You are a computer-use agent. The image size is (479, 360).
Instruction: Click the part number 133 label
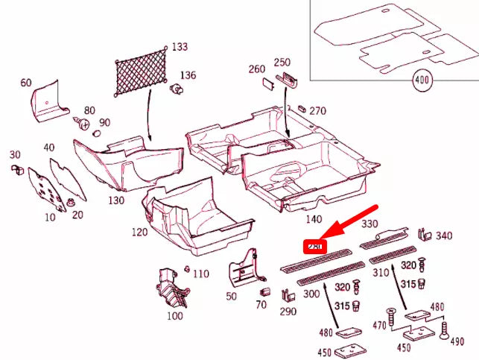pos(180,47)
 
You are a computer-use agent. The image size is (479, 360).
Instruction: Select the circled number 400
pos(423,79)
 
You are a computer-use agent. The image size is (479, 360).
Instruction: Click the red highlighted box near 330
pos(314,246)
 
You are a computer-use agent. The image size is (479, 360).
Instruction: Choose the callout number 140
pos(314,218)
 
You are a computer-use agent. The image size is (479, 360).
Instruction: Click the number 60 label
pos(26,83)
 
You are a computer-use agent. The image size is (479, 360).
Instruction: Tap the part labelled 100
pos(173,316)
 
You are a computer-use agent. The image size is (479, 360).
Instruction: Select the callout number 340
pos(444,236)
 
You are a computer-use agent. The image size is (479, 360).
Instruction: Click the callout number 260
pos(256,69)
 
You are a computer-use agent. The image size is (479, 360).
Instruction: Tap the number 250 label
pos(282,62)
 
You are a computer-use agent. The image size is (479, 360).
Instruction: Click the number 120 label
pos(140,232)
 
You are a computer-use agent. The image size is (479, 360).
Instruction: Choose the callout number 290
pos(288,311)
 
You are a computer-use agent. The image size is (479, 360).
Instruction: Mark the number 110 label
pos(200,274)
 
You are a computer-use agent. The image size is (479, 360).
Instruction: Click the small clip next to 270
pos(302,110)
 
